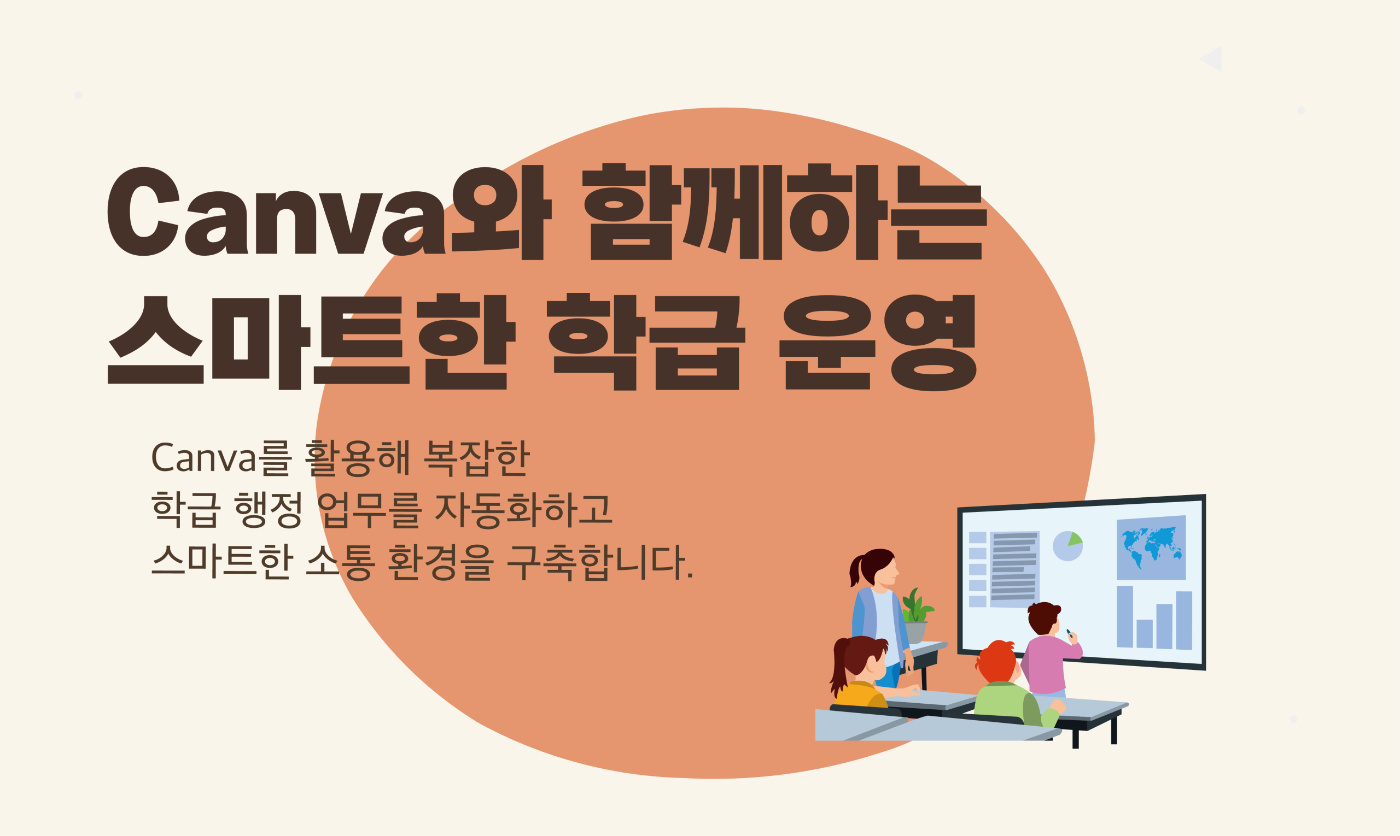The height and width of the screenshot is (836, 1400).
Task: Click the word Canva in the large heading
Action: (276, 211)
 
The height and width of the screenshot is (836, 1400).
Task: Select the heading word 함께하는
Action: (784, 212)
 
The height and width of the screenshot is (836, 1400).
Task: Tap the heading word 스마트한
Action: (312, 342)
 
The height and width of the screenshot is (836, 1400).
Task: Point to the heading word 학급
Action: (646, 342)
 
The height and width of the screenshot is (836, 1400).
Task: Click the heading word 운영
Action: (878, 342)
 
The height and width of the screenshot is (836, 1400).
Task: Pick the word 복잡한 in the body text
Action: (476, 458)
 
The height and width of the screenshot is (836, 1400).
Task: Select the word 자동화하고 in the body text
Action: (524, 509)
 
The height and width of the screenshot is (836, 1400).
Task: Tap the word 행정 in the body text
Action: (268, 509)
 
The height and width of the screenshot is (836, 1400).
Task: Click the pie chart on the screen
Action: (1067, 546)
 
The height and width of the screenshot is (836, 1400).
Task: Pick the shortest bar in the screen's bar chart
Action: (1144, 633)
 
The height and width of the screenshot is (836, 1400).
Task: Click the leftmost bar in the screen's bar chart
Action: (1124, 616)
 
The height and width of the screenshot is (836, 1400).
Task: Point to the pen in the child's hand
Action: (1069, 633)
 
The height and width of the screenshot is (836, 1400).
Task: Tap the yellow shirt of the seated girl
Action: (860, 695)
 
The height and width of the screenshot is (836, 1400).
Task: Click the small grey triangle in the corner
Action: (1214, 59)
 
